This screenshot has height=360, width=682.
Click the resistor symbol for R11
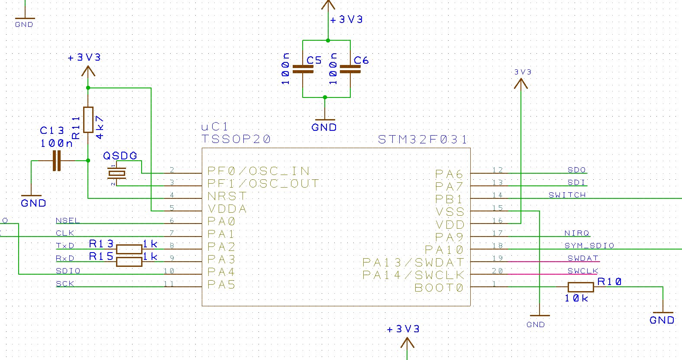click(x=88, y=120)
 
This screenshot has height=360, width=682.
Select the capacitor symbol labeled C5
click(x=303, y=69)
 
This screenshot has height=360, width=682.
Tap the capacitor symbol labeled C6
click(x=350, y=69)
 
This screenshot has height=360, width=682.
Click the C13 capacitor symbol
click(x=57, y=161)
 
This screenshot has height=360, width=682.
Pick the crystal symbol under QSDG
click(x=116, y=173)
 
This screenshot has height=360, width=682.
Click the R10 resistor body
click(x=581, y=287)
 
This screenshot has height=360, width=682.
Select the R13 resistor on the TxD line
click(x=129, y=249)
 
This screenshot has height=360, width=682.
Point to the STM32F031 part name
click(x=423, y=139)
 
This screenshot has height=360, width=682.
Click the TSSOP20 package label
click(x=236, y=139)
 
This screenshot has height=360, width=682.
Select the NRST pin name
click(x=227, y=196)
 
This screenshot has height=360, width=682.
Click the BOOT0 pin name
click(x=439, y=288)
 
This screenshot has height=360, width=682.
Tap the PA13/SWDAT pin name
click(x=414, y=263)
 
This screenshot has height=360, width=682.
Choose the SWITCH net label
click(x=567, y=195)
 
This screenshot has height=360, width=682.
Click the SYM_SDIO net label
click(x=589, y=246)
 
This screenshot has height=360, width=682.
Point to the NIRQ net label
click(x=577, y=233)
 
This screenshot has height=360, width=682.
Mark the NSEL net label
click(x=68, y=220)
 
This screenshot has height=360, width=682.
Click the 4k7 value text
click(x=100, y=127)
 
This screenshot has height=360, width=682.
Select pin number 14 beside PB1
click(x=498, y=195)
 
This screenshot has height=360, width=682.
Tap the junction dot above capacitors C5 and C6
click(x=328, y=40)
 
